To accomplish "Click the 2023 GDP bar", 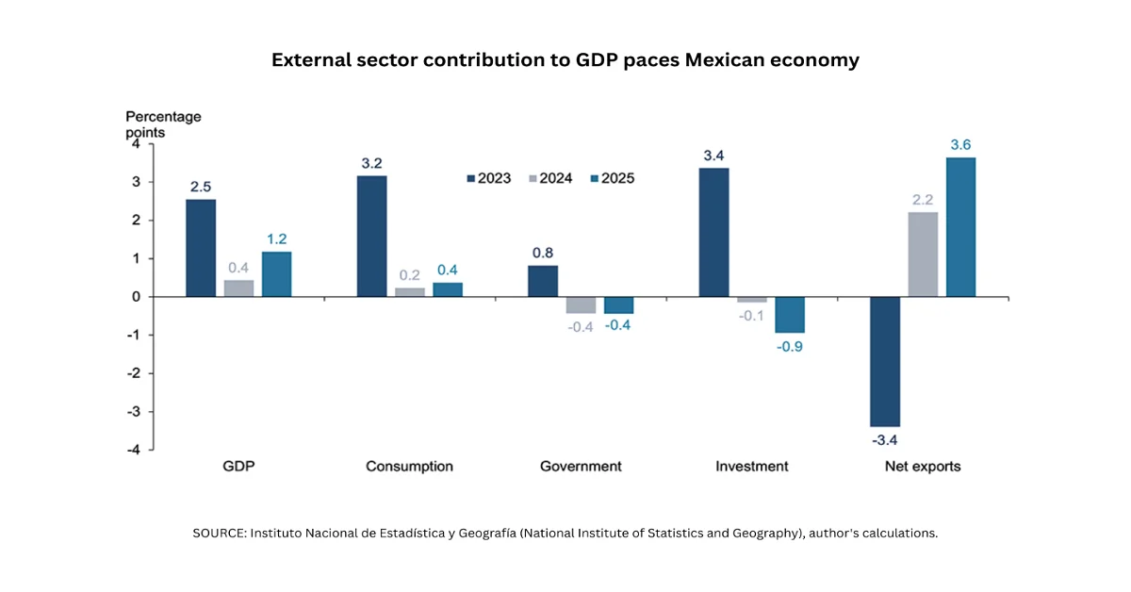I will click(x=201, y=248).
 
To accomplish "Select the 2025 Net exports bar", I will click(x=960, y=227).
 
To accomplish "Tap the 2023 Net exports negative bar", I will click(x=884, y=361).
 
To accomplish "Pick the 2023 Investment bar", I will click(x=713, y=232).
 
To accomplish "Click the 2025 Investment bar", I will click(x=789, y=315).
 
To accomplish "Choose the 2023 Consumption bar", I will click(x=371, y=236).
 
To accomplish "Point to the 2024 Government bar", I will click(x=581, y=304).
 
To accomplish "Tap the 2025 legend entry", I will click(x=611, y=178).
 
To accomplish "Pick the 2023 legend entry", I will click(x=488, y=178).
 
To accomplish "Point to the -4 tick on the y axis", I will click(x=135, y=450).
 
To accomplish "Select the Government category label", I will click(x=581, y=467).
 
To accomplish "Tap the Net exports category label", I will click(x=923, y=467).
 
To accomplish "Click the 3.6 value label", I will click(x=960, y=144).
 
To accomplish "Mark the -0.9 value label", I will click(x=789, y=346).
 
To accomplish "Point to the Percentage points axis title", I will click(x=163, y=124).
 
